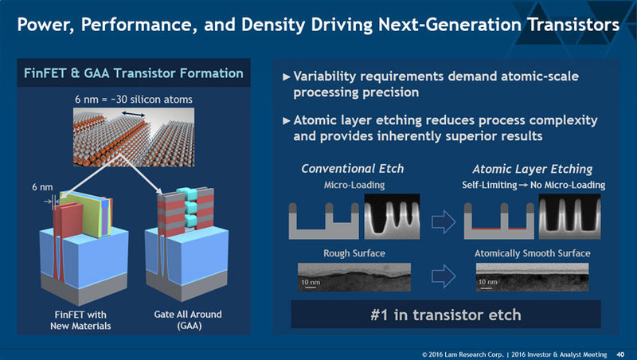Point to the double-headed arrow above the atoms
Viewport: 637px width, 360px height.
(x=132, y=115)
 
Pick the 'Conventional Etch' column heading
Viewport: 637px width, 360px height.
(x=342, y=169)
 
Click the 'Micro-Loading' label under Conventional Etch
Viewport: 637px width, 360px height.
(x=342, y=185)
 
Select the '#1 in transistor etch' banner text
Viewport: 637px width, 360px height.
(x=446, y=314)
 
